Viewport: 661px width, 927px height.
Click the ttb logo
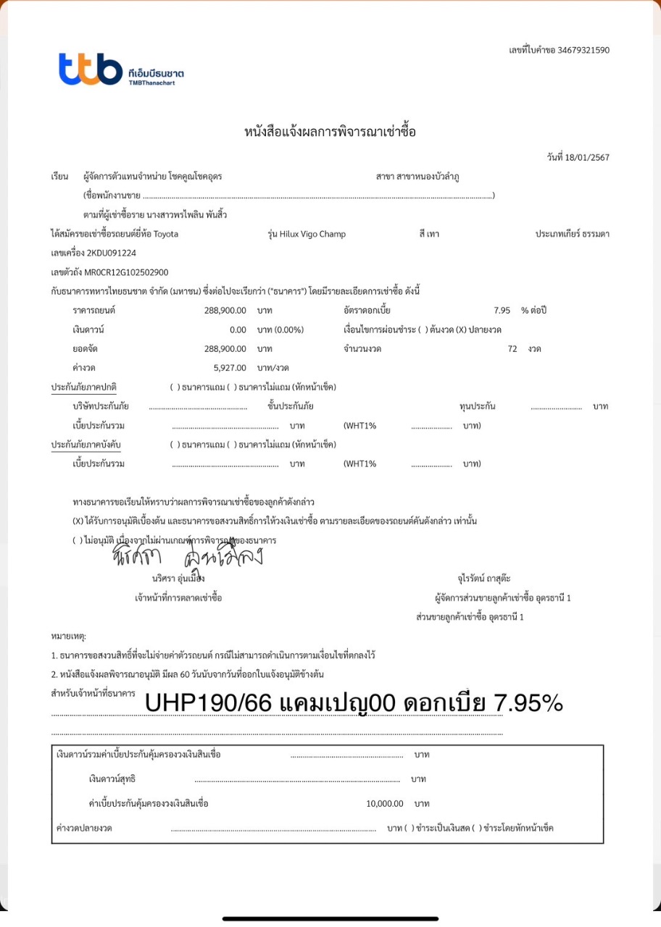click(91, 69)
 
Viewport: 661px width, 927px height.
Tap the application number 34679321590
click(583, 50)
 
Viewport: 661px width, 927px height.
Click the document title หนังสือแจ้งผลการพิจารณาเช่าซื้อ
click(330, 132)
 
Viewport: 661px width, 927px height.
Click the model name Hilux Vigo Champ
click(312, 234)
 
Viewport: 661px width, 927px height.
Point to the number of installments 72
click(512, 348)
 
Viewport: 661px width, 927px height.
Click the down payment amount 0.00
click(238, 330)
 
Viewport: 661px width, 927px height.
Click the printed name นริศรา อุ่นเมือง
click(178, 579)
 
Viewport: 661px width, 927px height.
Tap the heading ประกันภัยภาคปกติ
click(84, 387)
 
